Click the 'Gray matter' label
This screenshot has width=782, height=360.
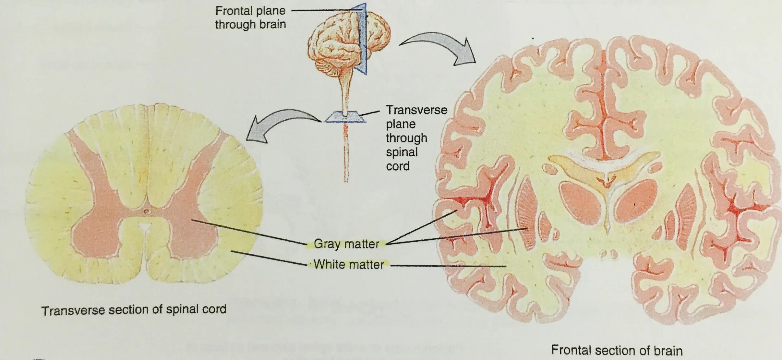(x=346, y=244)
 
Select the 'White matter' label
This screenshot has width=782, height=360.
(x=349, y=265)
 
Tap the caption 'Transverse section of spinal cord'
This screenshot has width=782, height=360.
(x=134, y=310)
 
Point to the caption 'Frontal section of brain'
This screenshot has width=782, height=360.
(x=617, y=350)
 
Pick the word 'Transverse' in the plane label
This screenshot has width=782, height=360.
(x=416, y=110)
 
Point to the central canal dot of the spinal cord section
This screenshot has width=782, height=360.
(x=146, y=211)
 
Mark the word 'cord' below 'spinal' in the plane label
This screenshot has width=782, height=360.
(x=398, y=166)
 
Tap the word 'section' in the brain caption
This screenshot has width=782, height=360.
(x=614, y=350)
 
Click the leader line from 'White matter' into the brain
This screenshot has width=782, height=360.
(x=448, y=266)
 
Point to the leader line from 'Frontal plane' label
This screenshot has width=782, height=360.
(x=324, y=10)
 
